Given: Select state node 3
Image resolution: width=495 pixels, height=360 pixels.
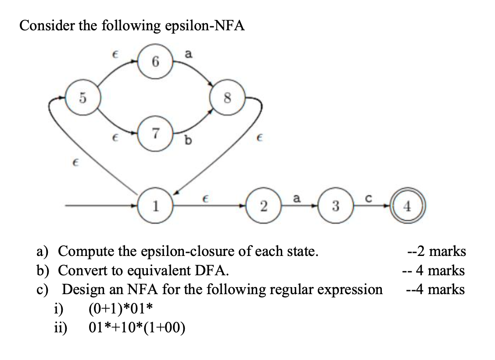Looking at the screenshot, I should point(336,206).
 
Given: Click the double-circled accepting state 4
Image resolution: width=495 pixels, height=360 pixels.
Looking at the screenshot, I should point(408,206).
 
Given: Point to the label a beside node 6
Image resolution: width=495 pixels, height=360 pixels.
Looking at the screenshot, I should point(188,55).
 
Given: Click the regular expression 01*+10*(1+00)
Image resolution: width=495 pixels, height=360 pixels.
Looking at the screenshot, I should point(136,328).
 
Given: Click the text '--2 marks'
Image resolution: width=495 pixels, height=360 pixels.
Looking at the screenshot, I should point(436,252).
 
